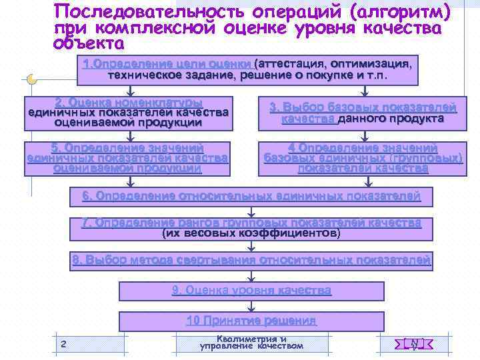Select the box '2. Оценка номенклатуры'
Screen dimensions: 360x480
pyautogui.click(x=129, y=113)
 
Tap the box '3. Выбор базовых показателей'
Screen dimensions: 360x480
pyautogui.click(x=363, y=113)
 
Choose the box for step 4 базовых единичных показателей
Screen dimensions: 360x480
pyautogui.click(x=363, y=159)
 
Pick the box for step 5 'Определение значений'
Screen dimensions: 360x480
pyautogui.click(x=127, y=159)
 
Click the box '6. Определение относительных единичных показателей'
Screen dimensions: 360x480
pyautogui.click(x=251, y=197)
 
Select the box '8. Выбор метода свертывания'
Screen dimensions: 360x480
pyautogui.click(x=251, y=260)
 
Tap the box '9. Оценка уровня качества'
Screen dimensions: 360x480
pyautogui.click(x=251, y=291)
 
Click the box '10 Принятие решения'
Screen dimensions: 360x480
pyautogui.click(x=251, y=321)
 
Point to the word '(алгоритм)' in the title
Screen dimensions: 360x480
pyautogui.click(x=399, y=13)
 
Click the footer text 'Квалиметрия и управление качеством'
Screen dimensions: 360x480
pyautogui.click(x=251, y=343)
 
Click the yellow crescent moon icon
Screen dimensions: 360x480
pyautogui.click(x=31, y=79)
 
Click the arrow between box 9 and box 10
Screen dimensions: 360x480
pyautogui.click(x=251, y=307)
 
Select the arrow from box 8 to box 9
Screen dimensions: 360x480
pyautogui.click(x=251, y=275)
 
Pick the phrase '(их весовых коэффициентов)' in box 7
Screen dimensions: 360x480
pyautogui.click(x=251, y=234)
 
